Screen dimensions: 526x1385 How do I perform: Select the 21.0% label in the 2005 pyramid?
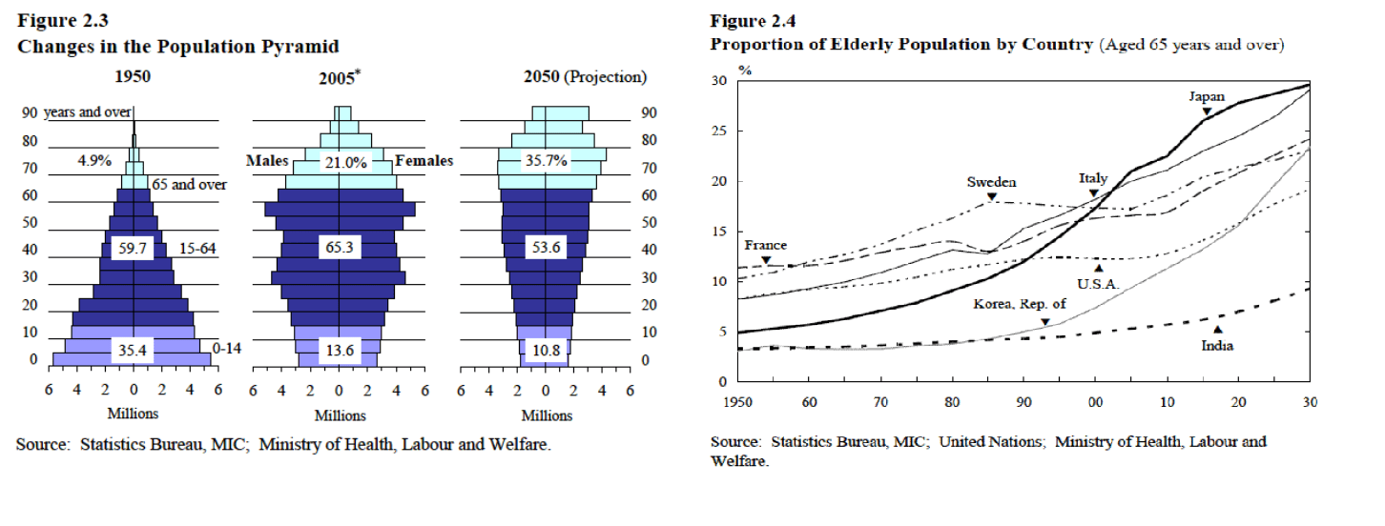tap(345, 162)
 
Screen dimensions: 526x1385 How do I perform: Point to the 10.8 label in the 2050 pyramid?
tap(547, 351)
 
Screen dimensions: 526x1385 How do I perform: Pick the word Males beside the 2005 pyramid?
tap(267, 162)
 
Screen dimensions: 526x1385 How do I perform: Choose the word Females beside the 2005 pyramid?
tap(424, 162)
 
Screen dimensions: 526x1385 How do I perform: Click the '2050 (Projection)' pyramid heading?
tap(585, 77)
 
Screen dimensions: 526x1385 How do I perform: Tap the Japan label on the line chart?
tap(1206, 96)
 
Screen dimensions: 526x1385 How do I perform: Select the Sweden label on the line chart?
tap(991, 182)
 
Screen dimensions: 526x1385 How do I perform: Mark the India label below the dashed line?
tap(1217, 346)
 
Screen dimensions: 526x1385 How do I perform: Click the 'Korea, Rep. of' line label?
tap(1019, 305)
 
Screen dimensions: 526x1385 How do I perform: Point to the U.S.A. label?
tap(1098, 283)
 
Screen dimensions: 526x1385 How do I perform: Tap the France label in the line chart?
tap(765, 245)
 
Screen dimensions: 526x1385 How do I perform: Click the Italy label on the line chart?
tap(1093, 178)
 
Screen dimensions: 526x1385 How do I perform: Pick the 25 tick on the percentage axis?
tap(720, 131)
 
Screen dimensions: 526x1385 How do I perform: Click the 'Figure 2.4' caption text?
tap(753, 22)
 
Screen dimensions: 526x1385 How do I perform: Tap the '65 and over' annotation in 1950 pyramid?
tap(189, 185)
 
